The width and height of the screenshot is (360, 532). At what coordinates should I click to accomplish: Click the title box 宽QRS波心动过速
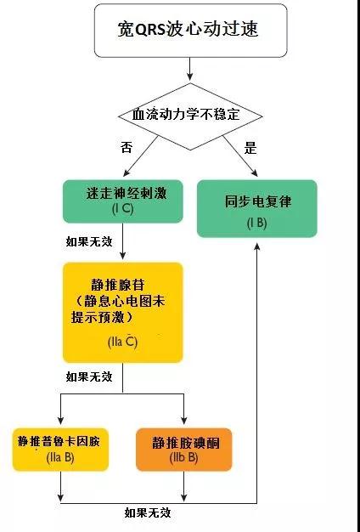coord(190,31)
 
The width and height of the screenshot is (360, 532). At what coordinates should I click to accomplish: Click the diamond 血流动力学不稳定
coord(190,116)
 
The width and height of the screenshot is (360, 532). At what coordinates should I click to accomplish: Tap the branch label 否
coord(127,148)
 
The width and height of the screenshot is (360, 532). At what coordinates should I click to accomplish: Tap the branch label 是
coord(250,148)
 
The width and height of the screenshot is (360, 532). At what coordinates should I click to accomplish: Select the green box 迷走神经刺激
coord(123,201)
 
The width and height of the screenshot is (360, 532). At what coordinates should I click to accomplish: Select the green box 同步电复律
coord(257,208)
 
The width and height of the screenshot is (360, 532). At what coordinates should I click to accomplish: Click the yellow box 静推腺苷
coord(123,313)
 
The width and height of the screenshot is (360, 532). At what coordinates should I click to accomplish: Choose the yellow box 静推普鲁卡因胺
coord(60,450)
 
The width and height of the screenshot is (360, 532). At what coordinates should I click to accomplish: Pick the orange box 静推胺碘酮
coord(183,450)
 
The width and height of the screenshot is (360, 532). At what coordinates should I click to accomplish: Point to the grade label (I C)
coord(123,209)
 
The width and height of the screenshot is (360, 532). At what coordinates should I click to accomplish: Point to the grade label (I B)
coord(256,224)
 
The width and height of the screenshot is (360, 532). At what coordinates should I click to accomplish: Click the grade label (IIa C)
coord(123,342)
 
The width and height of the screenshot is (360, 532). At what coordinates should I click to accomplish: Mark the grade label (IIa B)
coord(60,458)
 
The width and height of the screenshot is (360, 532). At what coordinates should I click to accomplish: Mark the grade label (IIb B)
coord(183,458)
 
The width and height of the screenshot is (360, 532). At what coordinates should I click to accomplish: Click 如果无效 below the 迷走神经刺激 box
coord(89,242)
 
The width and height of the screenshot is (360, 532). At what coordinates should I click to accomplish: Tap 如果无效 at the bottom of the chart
coord(148,512)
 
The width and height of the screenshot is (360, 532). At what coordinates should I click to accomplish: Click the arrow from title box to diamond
coord(190,69)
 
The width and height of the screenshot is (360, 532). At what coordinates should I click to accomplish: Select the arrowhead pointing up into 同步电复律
coord(257,246)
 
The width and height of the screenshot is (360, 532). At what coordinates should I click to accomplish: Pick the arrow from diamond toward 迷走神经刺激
coord(141,156)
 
